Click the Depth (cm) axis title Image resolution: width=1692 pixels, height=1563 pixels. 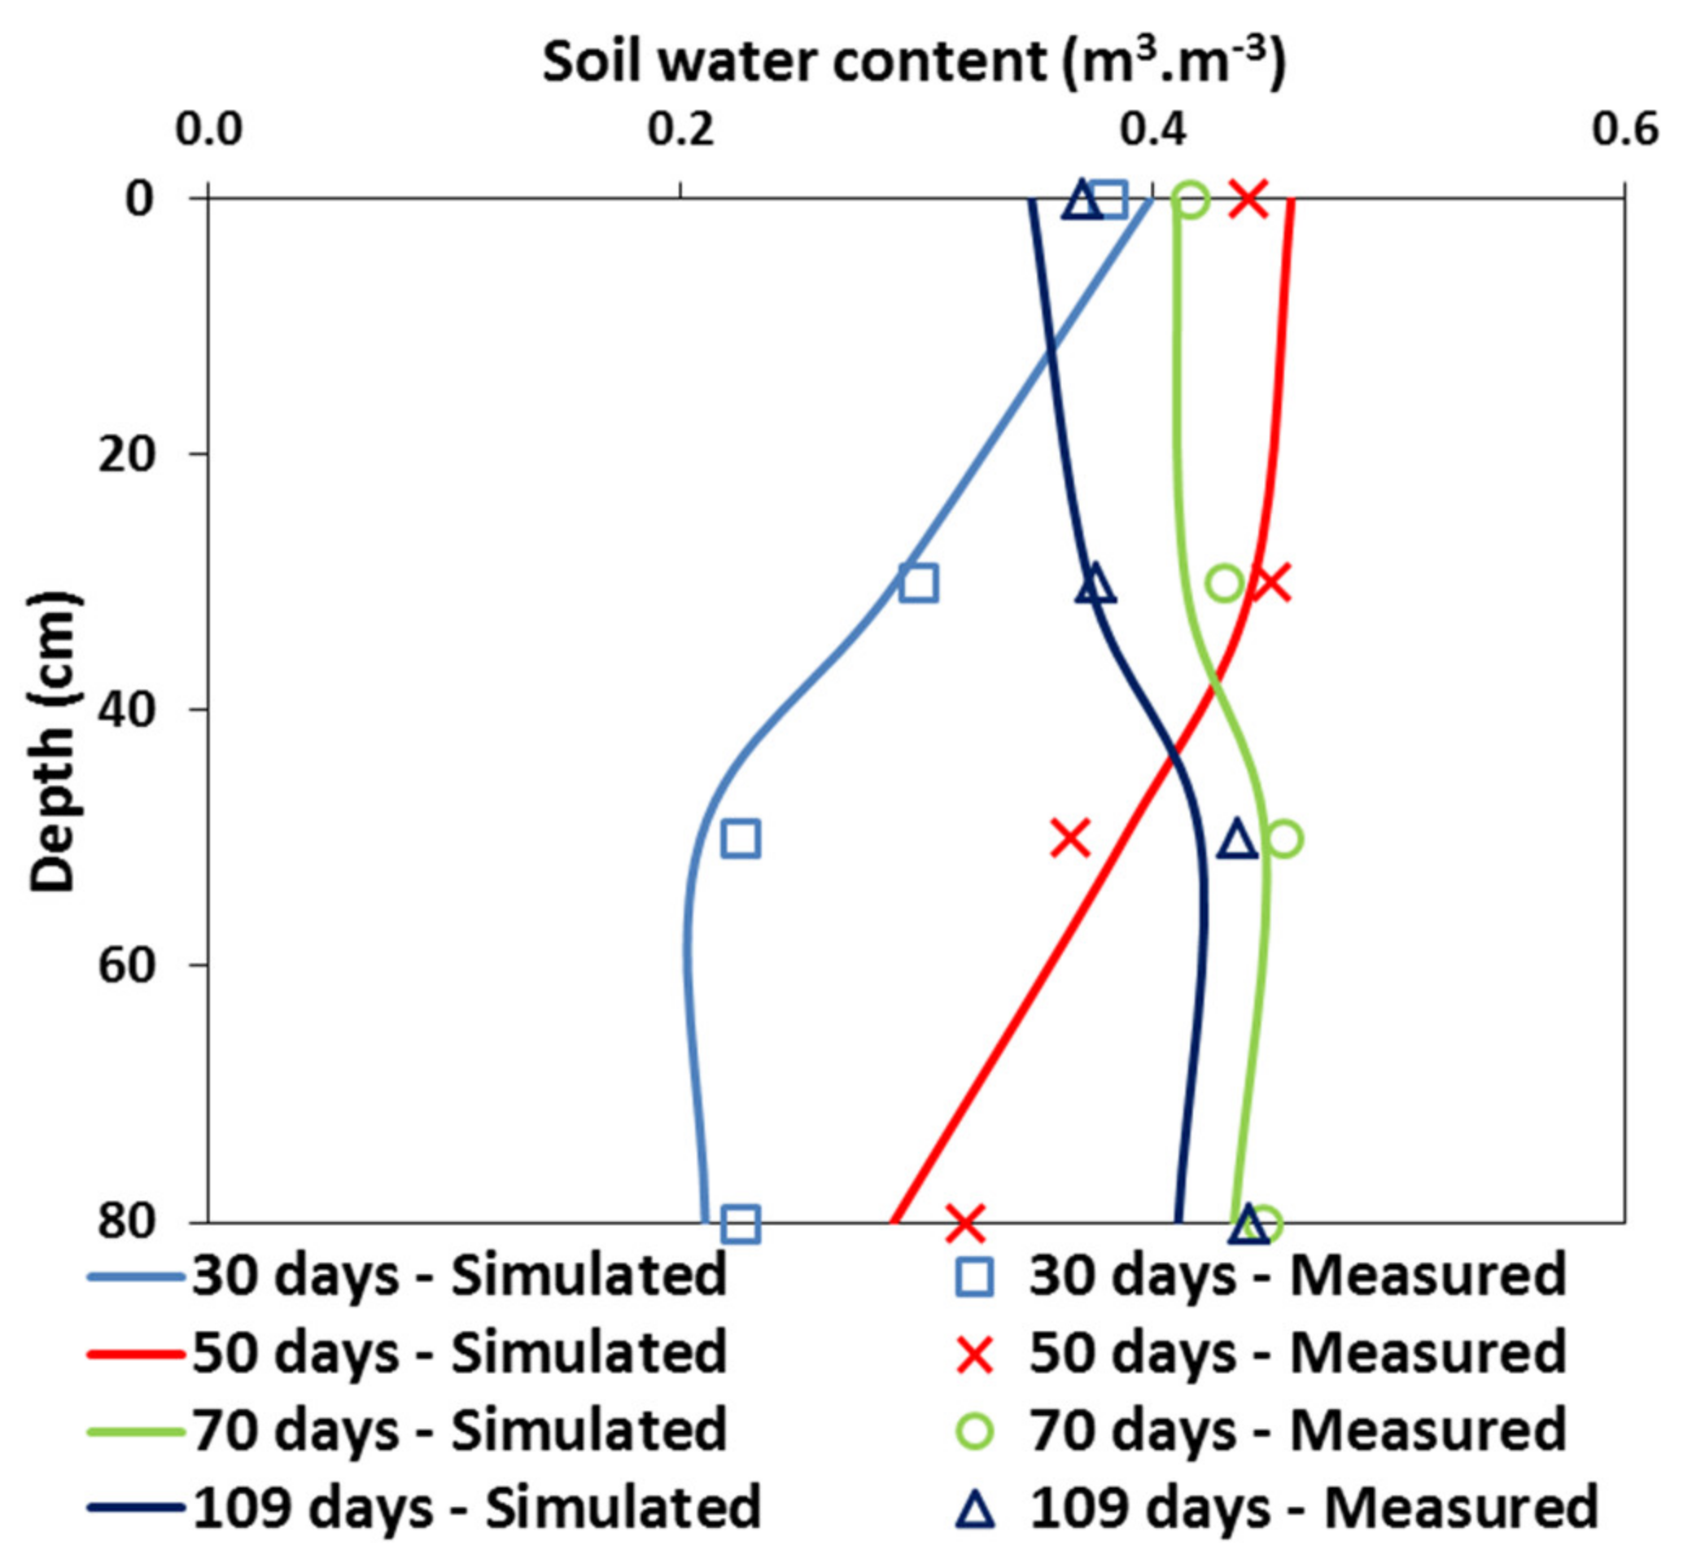click(x=52, y=742)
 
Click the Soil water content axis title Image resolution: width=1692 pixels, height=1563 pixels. click(x=914, y=61)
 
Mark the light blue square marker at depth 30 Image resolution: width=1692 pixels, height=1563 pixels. click(x=919, y=584)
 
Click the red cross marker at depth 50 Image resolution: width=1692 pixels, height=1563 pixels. click(x=1070, y=838)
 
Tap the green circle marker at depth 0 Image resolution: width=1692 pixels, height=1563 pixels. click(x=1191, y=201)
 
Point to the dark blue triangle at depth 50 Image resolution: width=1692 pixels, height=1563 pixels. click(x=1237, y=840)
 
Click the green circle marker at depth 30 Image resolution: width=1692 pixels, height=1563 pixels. click(x=1225, y=583)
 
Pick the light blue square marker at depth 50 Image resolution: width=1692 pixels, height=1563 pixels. click(x=741, y=839)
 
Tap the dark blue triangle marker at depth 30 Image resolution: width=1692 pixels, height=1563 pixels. click(x=1095, y=584)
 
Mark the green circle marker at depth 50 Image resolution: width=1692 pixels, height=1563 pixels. click(x=1284, y=839)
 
